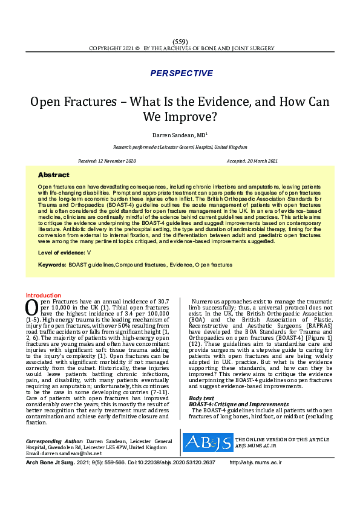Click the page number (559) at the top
(180, 40)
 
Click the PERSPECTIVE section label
(181, 73)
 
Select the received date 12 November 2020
(108, 161)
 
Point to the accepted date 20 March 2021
(252, 161)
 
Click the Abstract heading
(54, 175)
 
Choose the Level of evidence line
(64, 251)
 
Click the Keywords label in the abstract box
(51, 265)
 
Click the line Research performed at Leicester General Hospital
(180, 148)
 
